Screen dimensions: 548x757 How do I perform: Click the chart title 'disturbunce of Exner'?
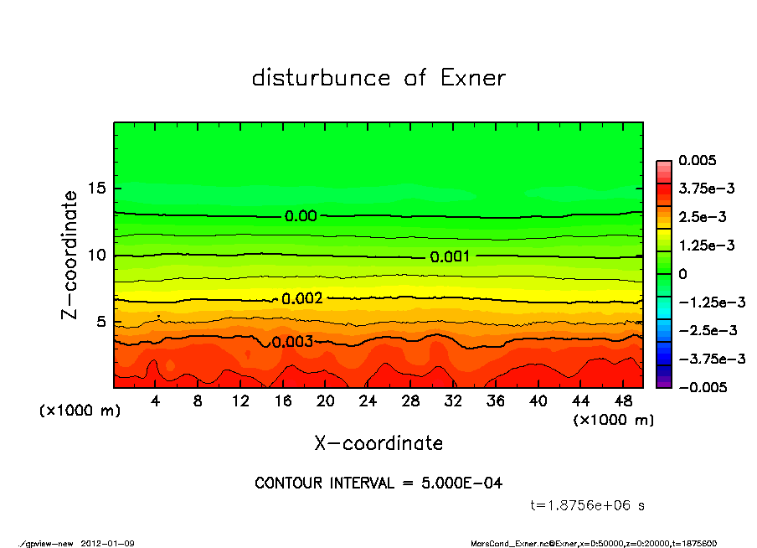(378, 79)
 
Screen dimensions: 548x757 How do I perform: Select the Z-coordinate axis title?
(70, 254)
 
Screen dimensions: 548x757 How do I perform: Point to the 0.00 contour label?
(301, 216)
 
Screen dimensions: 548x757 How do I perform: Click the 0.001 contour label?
(450, 257)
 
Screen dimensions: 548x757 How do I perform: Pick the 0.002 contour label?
(301, 299)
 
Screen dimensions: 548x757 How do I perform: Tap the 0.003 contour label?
(292, 342)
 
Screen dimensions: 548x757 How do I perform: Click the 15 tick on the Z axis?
(97, 189)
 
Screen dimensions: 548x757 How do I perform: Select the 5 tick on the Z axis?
(101, 322)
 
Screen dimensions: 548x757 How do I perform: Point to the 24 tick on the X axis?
(368, 401)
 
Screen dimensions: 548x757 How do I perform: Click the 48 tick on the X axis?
(623, 401)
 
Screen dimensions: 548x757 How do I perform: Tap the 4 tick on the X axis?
(156, 401)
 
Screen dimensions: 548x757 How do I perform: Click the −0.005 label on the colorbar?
(702, 387)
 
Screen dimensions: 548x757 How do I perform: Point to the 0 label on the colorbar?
(682, 274)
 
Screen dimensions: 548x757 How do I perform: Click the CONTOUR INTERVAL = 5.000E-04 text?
(378, 483)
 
